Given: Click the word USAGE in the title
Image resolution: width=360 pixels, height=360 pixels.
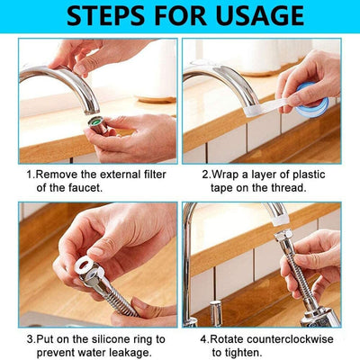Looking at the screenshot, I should [x=262, y=16].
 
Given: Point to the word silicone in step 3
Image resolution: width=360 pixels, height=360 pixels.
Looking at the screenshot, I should [x=98, y=339].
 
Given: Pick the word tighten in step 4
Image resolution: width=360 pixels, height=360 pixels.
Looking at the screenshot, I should [x=244, y=354].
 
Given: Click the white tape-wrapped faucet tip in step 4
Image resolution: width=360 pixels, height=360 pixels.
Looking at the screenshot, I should [x=278, y=213].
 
